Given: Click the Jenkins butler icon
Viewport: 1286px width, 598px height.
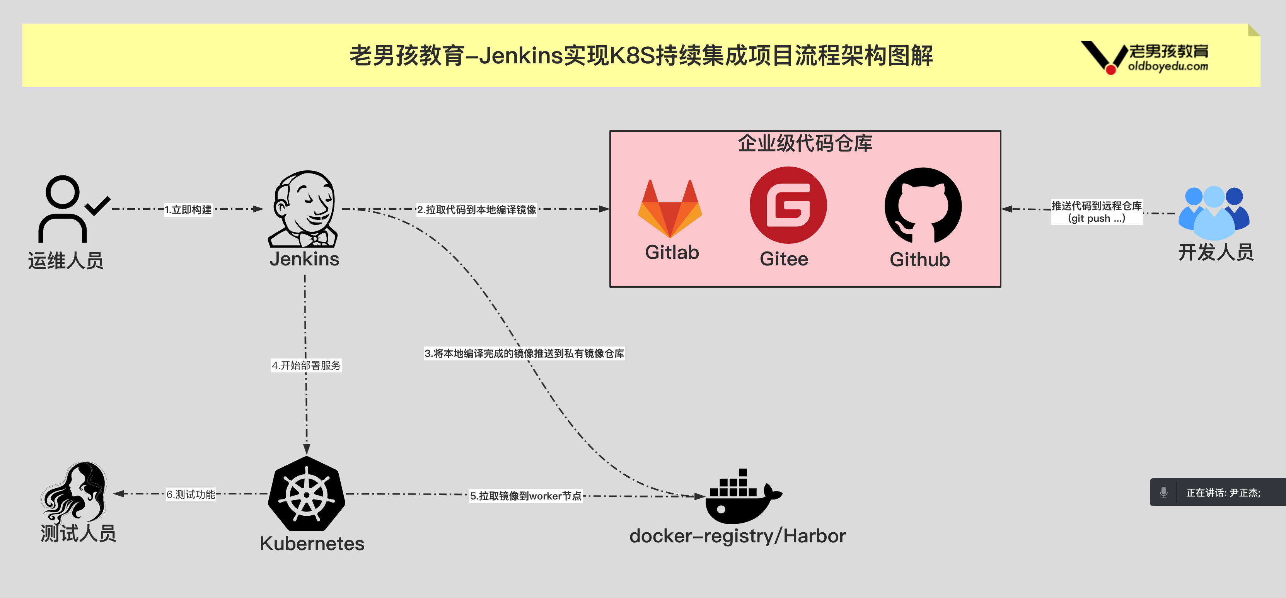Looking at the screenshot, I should click(304, 209).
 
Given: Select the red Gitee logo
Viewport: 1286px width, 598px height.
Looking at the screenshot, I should click(788, 205).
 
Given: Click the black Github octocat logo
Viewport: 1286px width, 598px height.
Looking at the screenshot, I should click(923, 206).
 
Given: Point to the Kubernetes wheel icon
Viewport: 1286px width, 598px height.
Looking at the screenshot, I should click(307, 494).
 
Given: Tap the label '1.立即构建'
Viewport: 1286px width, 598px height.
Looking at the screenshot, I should click(188, 209).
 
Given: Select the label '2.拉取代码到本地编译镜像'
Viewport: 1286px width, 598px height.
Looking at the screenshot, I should click(476, 209).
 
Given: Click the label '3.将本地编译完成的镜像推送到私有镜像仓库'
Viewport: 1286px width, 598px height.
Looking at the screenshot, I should click(524, 353).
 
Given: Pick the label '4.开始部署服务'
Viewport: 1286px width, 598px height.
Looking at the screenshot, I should click(306, 365).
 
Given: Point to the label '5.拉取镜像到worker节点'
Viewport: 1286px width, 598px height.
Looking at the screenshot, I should click(526, 496).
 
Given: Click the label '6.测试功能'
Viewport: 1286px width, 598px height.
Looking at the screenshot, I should click(191, 494).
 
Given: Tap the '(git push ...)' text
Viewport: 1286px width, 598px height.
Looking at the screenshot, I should click(1096, 218).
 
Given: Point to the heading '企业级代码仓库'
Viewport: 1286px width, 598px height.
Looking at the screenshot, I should click(805, 144).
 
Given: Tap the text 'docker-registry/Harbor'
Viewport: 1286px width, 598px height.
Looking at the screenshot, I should click(737, 536).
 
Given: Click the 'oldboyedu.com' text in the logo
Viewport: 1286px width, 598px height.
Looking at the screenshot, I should click(1168, 66).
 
